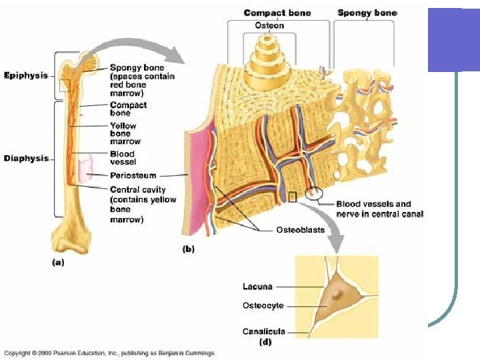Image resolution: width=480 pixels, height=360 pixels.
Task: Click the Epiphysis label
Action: pyautogui.click(x=26, y=75)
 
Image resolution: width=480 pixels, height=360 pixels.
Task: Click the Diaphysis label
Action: pyautogui.click(x=26, y=159)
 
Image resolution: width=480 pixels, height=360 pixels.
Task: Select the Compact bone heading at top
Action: pyautogui.click(x=277, y=13)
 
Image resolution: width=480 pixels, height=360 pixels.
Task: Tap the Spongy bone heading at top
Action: pyautogui.click(x=367, y=13)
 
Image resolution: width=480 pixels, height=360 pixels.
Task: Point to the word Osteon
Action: pyautogui.click(x=269, y=25)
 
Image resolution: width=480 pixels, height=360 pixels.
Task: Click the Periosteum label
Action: pyautogui.click(x=133, y=176)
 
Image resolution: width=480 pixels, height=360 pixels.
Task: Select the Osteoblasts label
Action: pyautogui.click(x=300, y=230)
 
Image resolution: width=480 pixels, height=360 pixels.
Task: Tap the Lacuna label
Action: pyautogui.click(x=257, y=287)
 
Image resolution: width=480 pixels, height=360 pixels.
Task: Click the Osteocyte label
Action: pyautogui.click(x=263, y=306)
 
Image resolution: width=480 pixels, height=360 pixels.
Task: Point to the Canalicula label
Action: pyautogui.click(x=263, y=331)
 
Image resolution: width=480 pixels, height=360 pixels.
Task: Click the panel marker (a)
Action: pyautogui.click(x=58, y=263)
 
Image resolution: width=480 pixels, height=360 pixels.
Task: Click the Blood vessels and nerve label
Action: pyautogui.click(x=379, y=209)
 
